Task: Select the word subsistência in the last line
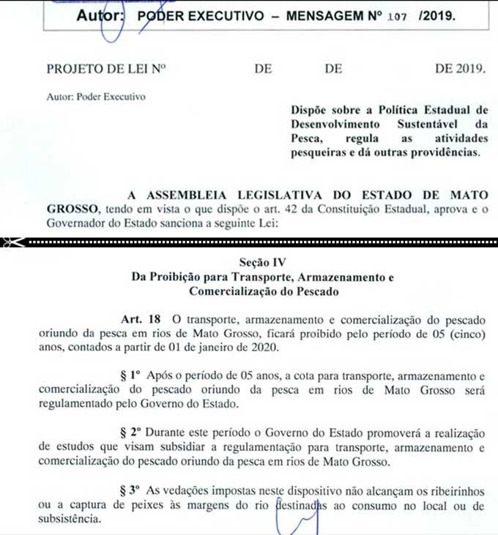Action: coord(81,519)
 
